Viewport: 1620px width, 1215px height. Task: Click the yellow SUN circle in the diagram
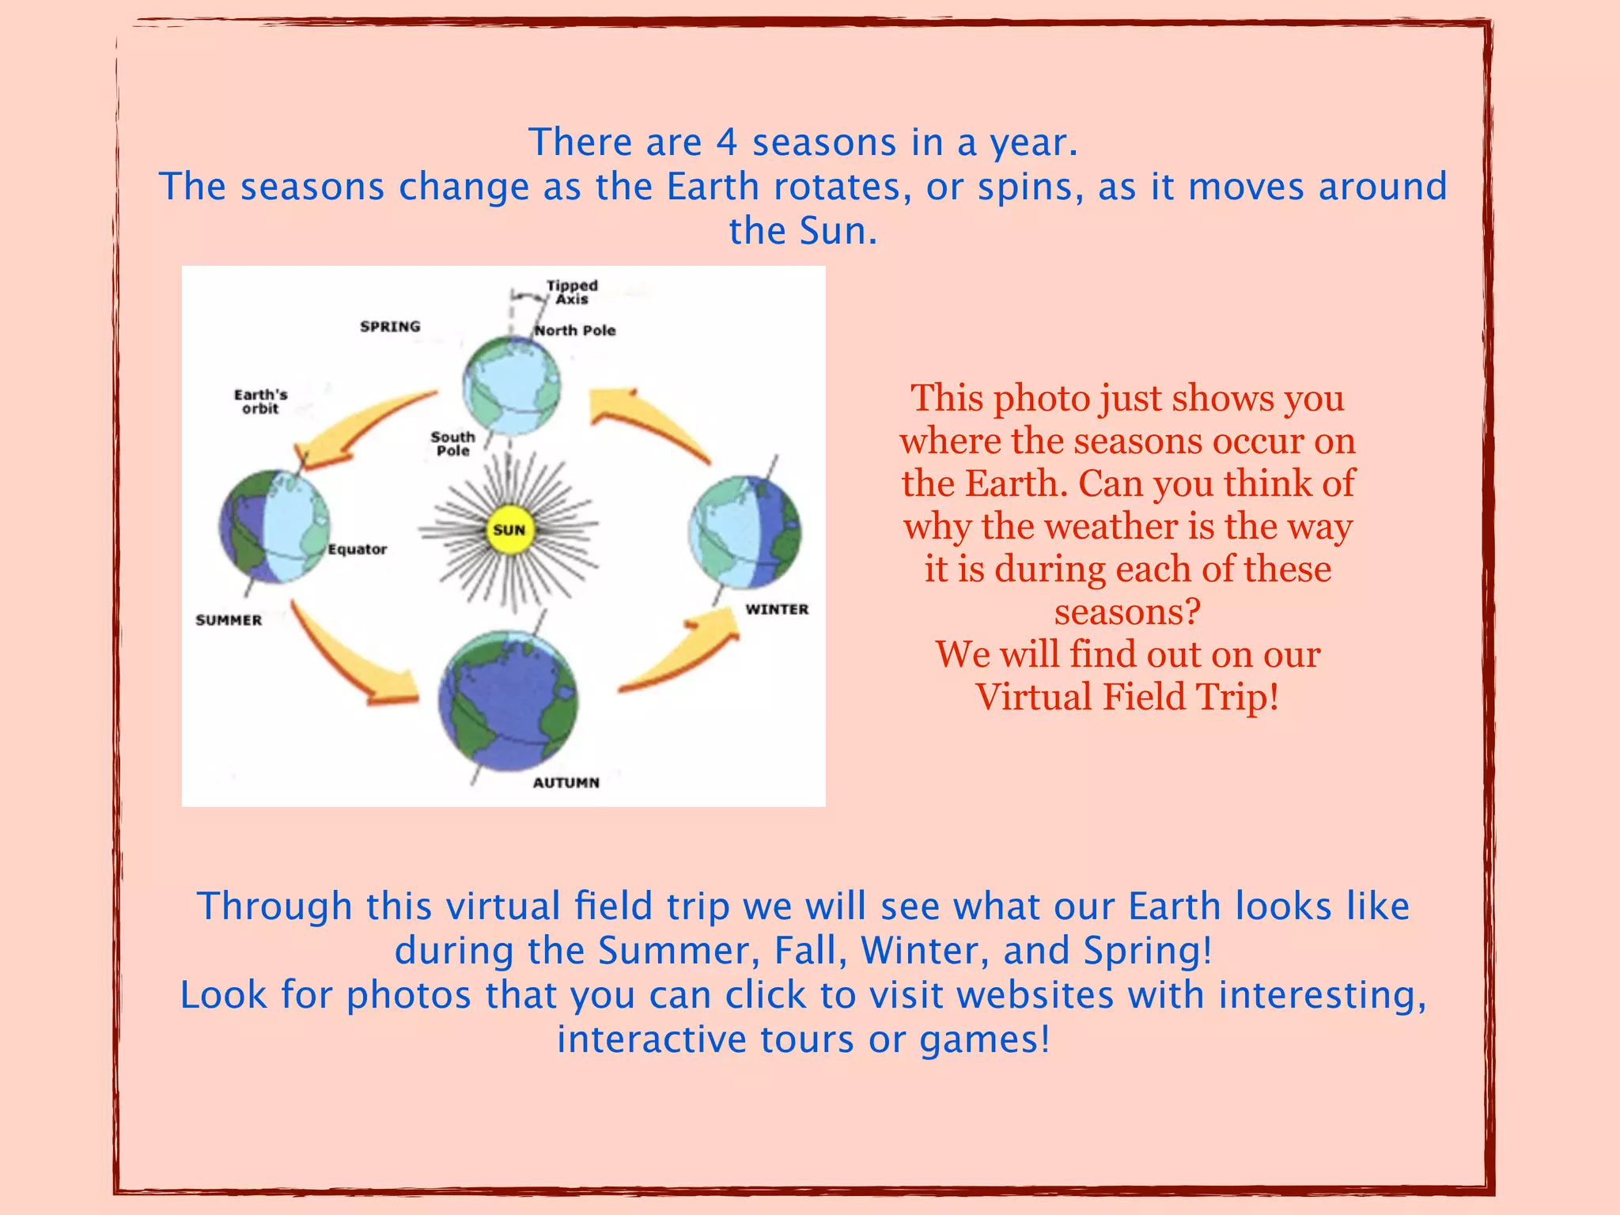coord(509,530)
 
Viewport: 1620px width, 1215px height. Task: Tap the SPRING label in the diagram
coord(390,327)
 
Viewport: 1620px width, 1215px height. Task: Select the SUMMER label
coord(229,620)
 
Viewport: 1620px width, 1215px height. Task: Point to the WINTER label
coord(777,609)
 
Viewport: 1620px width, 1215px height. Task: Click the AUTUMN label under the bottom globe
coord(566,782)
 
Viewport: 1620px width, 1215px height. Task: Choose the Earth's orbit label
coord(260,401)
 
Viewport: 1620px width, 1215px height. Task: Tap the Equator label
coord(357,549)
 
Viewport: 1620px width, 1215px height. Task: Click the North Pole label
coord(574,331)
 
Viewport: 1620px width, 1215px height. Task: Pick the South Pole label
coord(452,443)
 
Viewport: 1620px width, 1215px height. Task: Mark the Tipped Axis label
coord(572,292)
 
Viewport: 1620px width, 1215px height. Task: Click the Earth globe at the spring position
coord(511,386)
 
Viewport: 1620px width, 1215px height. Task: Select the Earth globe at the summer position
coord(274,527)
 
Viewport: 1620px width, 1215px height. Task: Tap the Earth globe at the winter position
coord(744,532)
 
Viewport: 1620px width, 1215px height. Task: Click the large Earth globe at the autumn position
coord(509,701)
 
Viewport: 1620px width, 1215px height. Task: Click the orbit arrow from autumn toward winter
coord(680,657)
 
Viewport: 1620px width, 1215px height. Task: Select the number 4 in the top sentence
coord(727,143)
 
